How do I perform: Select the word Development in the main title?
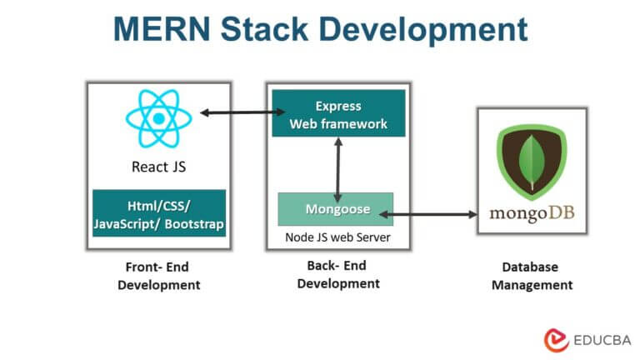point(432,29)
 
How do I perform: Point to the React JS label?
point(158,166)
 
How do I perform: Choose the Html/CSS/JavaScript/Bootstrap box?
point(158,213)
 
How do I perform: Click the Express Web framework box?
point(337,115)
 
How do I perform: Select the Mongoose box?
point(335,209)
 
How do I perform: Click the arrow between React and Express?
point(234,112)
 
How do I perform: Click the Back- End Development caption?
point(337,275)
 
